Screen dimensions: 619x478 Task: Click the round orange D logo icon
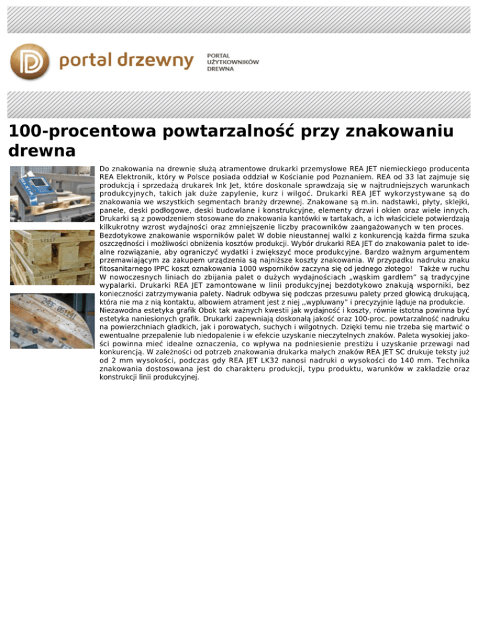pyautogui.click(x=30, y=62)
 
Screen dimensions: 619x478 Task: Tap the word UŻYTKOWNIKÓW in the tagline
pyautogui.click(x=233, y=62)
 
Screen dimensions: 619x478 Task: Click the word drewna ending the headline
pyautogui.click(x=42, y=151)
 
